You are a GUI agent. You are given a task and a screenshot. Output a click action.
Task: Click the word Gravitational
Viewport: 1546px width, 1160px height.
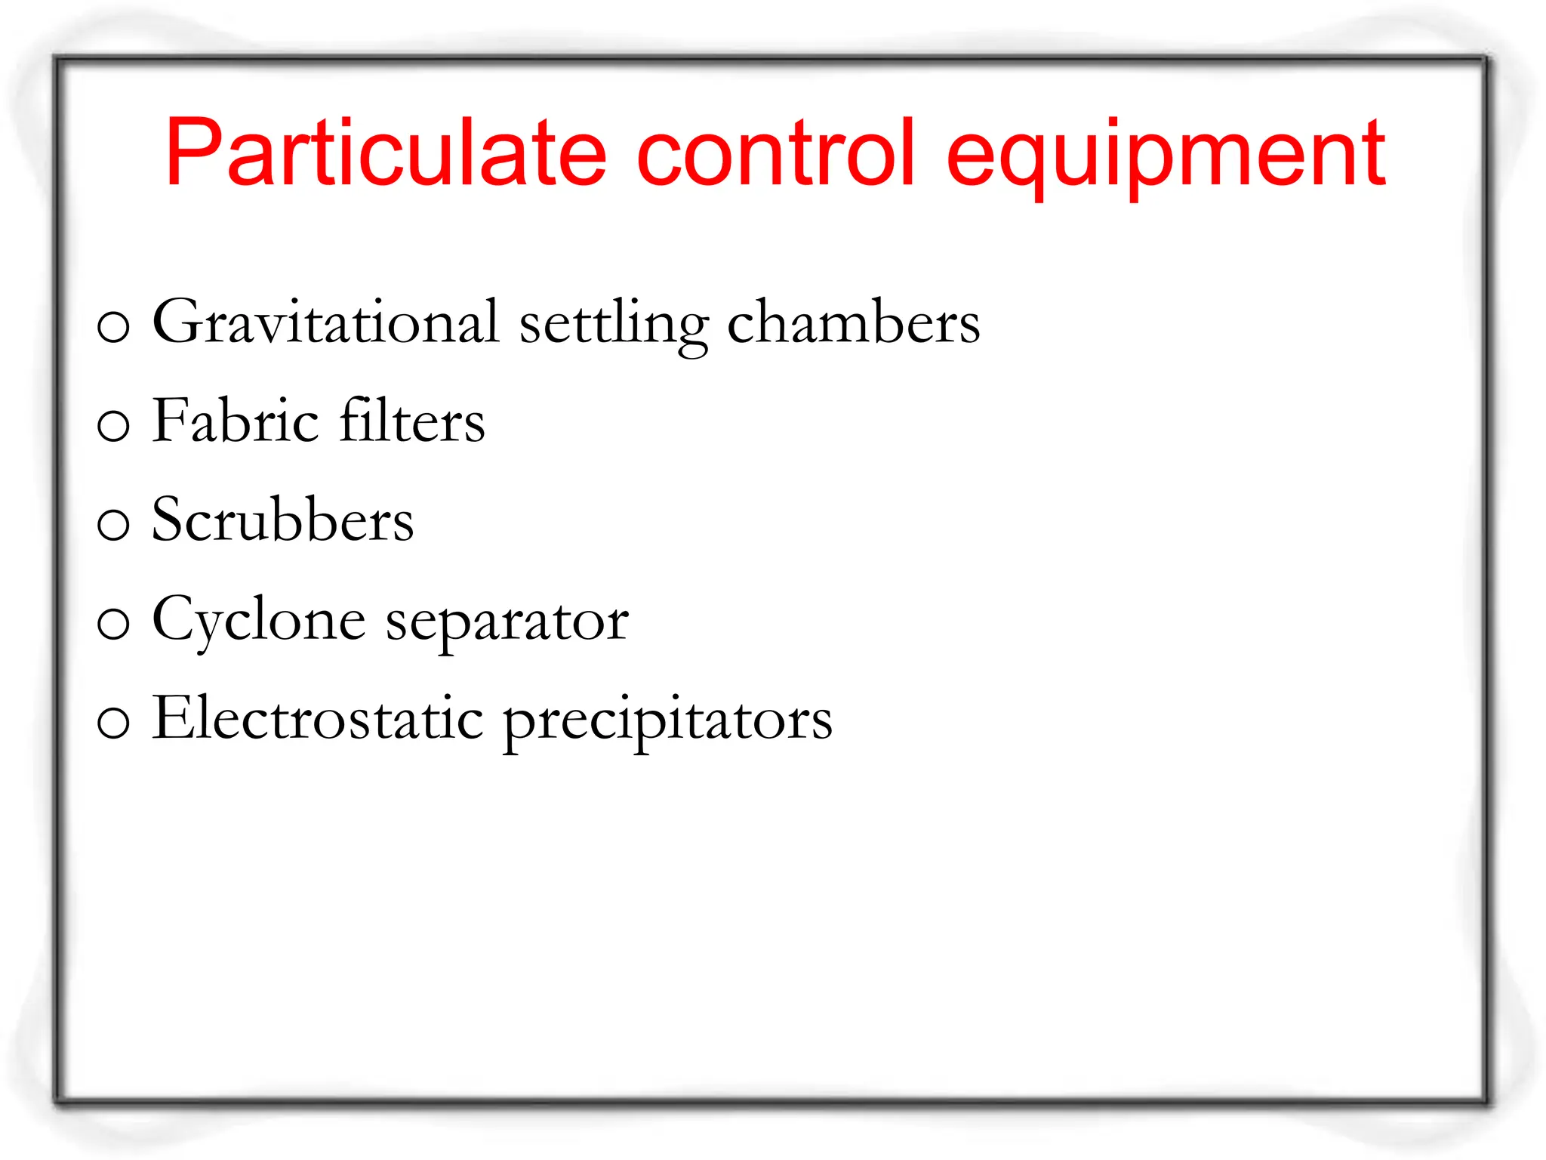pyautogui.click(x=326, y=322)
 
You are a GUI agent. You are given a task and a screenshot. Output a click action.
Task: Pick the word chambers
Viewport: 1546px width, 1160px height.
pyautogui.click(x=853, y=322)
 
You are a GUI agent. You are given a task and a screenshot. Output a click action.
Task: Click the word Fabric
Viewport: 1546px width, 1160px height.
pyautogui.click(x=236, y=421)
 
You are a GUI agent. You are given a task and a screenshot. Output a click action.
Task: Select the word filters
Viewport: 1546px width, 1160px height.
pyautogui.click(x=412, y=421)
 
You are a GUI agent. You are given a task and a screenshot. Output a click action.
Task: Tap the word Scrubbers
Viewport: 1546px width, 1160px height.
pyautogui.click(x=283, y=520)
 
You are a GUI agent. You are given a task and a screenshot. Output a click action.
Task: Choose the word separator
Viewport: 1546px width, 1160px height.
pyautogui.click(x=507, y=624)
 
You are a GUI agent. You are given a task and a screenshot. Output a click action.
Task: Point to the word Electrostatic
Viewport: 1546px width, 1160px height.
pyautogui.click(x=318, y=718)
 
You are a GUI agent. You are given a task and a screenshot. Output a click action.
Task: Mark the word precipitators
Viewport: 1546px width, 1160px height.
pyautogui.click(x=667, y=722)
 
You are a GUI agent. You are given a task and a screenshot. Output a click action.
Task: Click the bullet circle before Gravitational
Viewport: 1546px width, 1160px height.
pyautogui.click(x=113, y=327)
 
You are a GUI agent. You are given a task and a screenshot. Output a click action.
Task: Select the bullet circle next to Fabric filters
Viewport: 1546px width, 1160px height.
pyautogui.click(x=113, y=426)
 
